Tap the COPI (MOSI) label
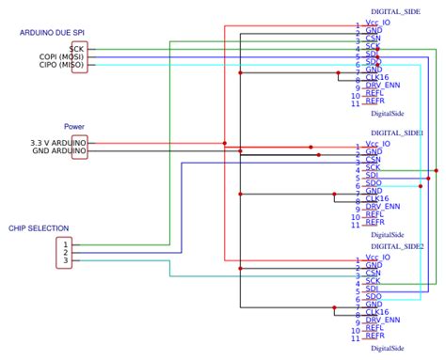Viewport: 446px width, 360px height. click(57, 56)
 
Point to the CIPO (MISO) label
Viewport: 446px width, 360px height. click(58, 66)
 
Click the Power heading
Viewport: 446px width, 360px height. click(74, 126)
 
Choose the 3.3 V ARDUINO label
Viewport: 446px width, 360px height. click(57, 142)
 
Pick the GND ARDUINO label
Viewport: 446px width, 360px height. click(59, 151)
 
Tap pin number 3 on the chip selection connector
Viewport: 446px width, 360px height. click(66, 260)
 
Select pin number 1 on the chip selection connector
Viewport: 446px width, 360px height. click(66, 243)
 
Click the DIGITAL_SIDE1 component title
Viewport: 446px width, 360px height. click(397, 133)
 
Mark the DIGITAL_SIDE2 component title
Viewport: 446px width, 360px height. click(397, 245)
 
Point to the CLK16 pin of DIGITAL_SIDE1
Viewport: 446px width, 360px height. click(376, 199)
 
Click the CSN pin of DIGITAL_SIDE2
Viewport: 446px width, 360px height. click(374, 274)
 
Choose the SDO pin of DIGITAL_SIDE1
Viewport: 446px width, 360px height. click(374, 182)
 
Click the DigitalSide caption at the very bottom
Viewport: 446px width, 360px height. click(387, 348)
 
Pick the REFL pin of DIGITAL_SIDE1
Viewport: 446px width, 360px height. click(374, 214)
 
